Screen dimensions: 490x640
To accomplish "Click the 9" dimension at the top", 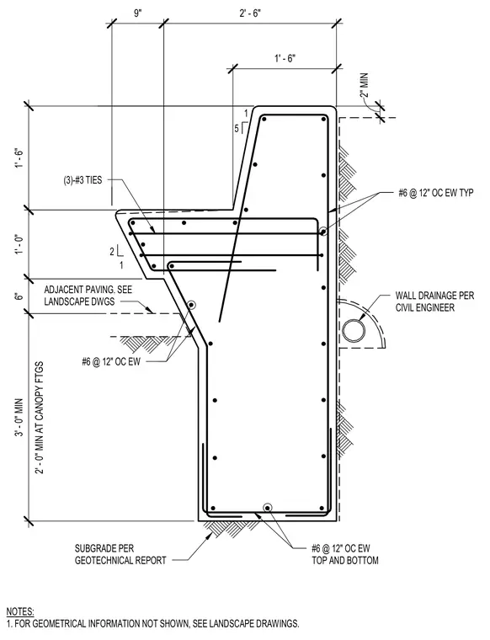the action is click(x=138, y=13).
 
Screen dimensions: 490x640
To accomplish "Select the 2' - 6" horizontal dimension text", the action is click(x=250, y=13).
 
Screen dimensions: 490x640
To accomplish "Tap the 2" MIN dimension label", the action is click(x=364, y=85).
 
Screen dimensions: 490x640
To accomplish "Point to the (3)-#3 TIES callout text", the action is click(x=83, y=180).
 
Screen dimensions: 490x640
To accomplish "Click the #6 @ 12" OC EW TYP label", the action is click(x=436, y=193).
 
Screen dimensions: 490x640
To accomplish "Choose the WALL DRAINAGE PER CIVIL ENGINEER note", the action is click(x=435, y=301).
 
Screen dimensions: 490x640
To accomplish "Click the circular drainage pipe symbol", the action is click(x=354, y=330).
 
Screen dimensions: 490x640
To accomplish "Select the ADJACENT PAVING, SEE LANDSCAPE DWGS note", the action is click(x=88, y=296).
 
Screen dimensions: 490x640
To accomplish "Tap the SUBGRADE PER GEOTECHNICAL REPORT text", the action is click(x=120, y=554).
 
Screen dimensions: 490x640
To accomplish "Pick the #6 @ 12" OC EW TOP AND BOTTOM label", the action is click(x=345, y=554).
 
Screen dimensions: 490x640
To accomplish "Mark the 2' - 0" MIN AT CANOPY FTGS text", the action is click(x=40, y=417).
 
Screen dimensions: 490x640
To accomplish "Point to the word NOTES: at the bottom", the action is click(x=20, y=612).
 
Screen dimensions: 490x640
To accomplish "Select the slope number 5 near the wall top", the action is click(x=237, y=129).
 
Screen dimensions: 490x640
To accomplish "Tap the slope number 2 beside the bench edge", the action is click(x=112, y=252).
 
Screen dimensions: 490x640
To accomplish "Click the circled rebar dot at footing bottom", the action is click(x=267, y=508).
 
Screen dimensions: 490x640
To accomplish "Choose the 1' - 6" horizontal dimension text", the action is click(x=285, y=58).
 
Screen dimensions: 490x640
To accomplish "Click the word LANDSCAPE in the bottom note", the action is click(x=238, y=624).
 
